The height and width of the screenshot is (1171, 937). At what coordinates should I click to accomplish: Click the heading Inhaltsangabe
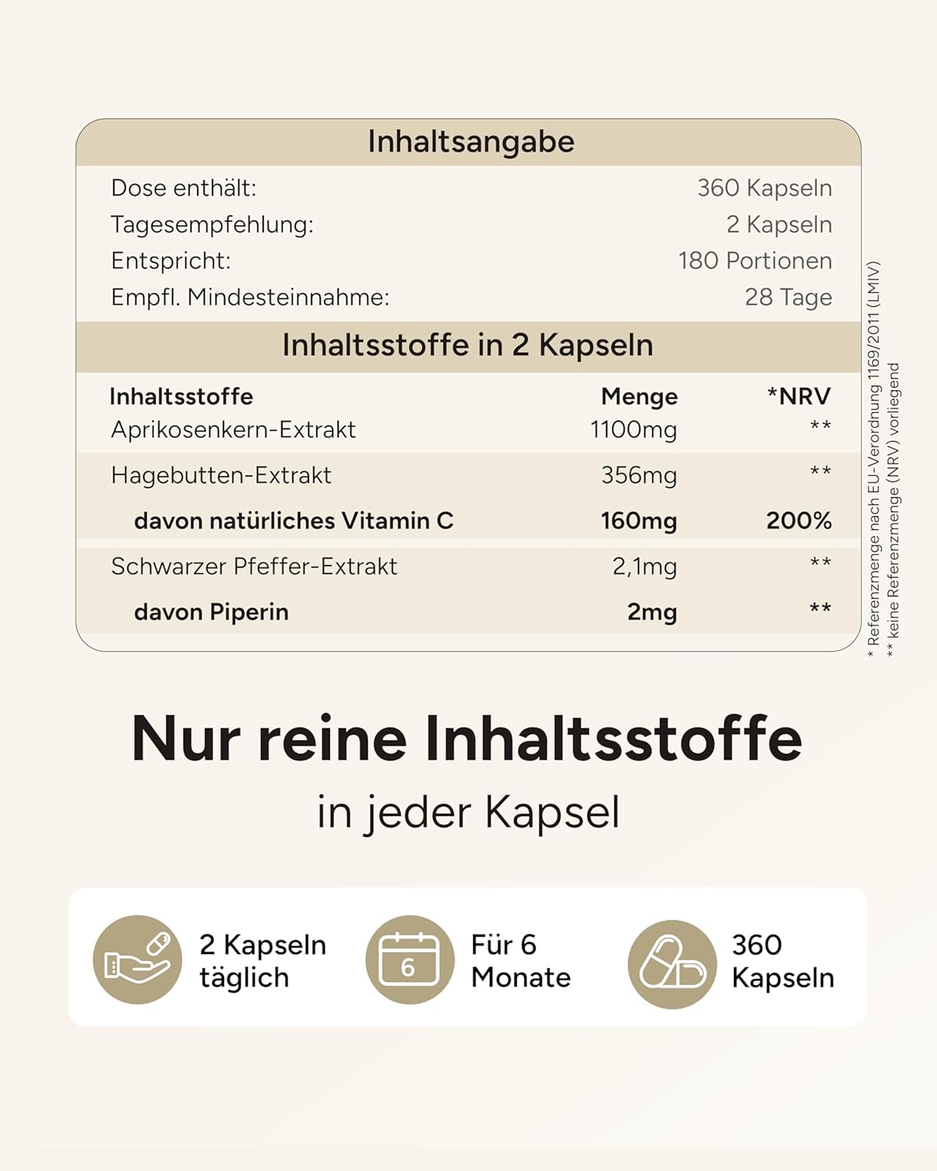tap(471, 142)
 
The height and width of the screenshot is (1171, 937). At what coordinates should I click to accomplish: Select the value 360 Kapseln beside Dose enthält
tap(764, 188)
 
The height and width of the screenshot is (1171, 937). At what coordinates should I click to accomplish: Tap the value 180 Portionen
tap(754, 261)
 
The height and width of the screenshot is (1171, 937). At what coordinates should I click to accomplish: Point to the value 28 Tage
tap(788, 297)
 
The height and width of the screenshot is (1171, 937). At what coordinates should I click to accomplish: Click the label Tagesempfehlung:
tap(212, 225)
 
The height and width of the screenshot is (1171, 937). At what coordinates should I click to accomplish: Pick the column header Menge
tap(639, 397)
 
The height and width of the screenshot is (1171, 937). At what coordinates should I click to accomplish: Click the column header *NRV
tap(799, 397)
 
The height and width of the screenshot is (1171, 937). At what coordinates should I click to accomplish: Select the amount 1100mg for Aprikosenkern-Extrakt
tap(633, 429)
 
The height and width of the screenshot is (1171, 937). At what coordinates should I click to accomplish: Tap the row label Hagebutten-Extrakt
tap(221, 475)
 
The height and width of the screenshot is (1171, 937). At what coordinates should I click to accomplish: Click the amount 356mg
tap(639, 475)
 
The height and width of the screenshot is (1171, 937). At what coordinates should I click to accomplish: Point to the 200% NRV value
tap(799, 521)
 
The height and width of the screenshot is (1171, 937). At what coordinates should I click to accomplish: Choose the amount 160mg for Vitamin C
tap(639, 521)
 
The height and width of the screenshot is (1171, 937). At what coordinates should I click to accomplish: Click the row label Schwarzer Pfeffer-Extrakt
tap(254, 567)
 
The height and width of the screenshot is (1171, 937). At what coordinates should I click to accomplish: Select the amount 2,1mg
tap(644, 567)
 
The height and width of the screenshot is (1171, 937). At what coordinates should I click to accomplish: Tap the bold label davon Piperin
tap(211, 612)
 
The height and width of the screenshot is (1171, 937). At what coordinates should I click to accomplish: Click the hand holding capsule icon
tap(137, 959)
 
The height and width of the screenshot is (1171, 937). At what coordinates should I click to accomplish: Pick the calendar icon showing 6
tap(409, 959)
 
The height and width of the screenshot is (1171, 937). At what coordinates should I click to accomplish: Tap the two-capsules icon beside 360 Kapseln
tap(672, 964)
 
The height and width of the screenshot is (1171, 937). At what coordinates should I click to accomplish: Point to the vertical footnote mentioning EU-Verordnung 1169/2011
tap(874, 453)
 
